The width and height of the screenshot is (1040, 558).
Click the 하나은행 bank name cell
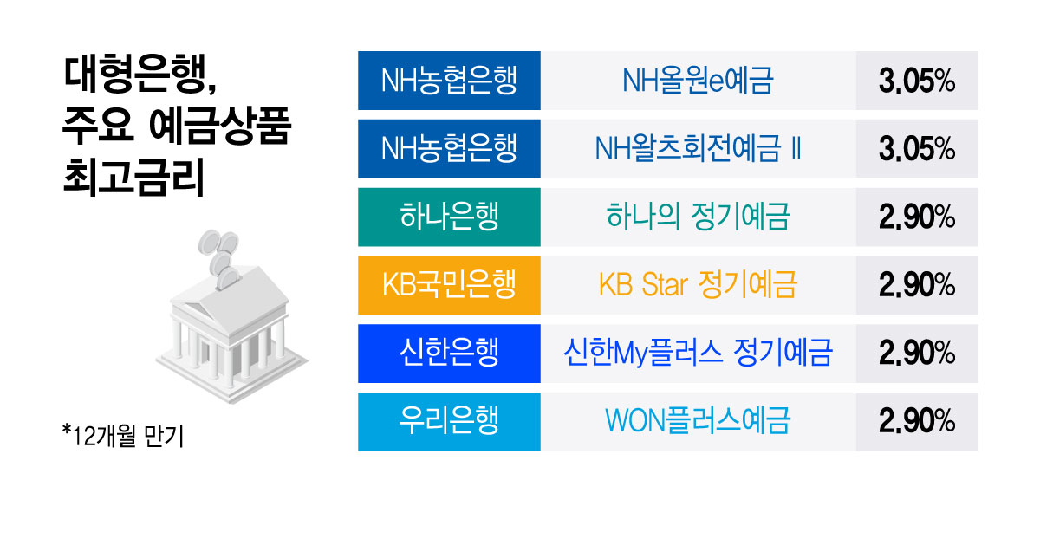449,217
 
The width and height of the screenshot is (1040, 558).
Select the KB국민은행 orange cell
449,285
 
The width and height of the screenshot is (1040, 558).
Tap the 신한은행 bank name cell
449,354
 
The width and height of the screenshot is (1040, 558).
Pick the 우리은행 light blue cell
449,421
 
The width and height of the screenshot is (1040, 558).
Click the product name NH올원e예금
698,81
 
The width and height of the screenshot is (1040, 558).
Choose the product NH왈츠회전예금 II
698,149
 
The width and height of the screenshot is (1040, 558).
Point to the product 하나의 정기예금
698,217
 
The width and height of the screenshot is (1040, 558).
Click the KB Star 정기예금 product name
698,284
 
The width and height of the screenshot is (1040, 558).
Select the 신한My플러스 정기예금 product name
698,353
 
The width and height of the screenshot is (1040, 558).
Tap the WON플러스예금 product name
698,421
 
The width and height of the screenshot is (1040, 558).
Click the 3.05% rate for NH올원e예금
917,81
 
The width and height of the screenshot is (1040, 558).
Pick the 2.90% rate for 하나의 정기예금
917,217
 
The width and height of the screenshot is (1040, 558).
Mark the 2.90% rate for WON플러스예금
917,421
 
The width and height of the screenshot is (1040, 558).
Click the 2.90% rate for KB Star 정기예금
917,285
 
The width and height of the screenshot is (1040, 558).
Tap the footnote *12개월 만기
123,436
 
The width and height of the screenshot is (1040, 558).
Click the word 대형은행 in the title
135,75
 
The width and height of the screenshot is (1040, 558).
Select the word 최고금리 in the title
133,178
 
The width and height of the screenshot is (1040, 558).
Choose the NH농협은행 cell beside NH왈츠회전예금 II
449,148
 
